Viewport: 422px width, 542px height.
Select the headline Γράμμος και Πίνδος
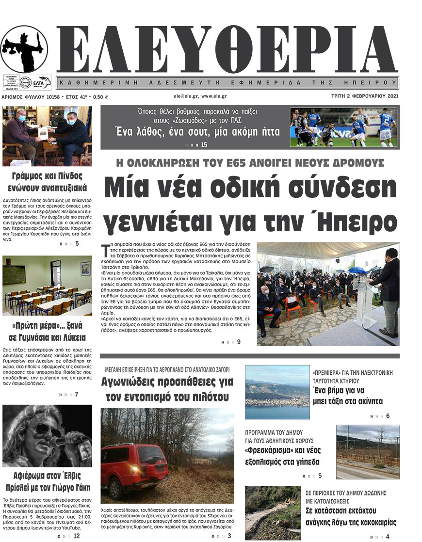coord(47,175)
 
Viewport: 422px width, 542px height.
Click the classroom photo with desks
coord(47,286)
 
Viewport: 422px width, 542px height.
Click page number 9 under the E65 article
coord(239,342)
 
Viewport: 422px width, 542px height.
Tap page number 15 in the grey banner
coord(204,144)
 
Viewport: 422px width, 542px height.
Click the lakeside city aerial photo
coord(277,392)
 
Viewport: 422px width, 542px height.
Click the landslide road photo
coord(273,513)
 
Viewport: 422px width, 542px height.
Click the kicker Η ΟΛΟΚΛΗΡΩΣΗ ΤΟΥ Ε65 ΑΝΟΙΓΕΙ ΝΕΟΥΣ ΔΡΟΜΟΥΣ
coord(250,163)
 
